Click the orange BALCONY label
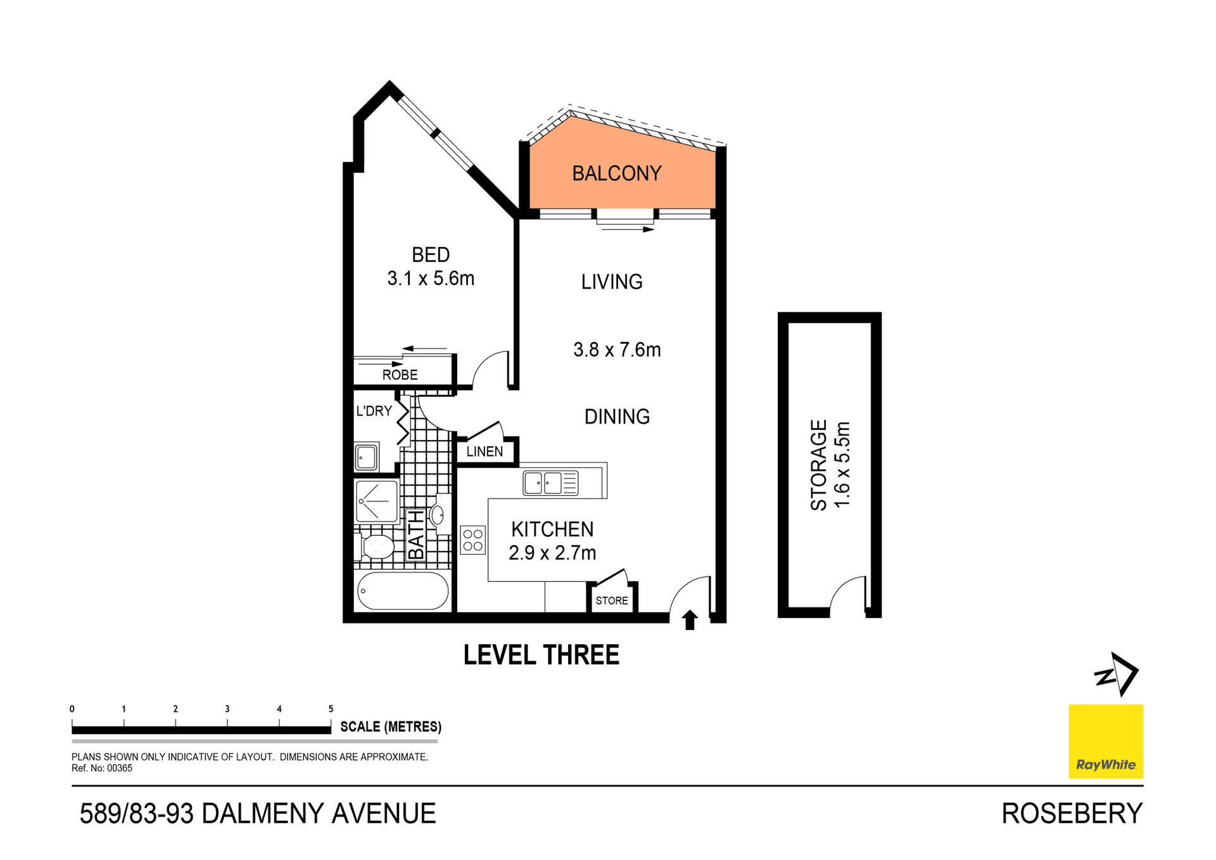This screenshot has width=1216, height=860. [616, 174]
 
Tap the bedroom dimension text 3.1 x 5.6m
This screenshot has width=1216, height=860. [431, 279]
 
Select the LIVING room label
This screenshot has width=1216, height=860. [612, 282]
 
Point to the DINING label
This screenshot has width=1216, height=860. [617, 417]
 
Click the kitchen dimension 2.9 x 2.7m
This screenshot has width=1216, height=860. [552, 553]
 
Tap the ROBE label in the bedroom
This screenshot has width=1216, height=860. [400, 375]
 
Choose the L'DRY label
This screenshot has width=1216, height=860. [374, 411]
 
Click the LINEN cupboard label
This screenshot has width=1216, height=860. [484, 452]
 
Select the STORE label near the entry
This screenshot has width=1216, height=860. [611, 600]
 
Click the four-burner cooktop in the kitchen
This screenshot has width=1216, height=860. [472, 540]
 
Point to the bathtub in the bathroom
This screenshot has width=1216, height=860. [403, 591]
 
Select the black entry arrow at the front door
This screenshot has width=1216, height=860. [690, 619]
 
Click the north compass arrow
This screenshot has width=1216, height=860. [1118, 674]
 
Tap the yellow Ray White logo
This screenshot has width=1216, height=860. [1105, 741]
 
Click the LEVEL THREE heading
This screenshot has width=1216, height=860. [541, 655]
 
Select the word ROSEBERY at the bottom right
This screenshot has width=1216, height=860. [1071, 814]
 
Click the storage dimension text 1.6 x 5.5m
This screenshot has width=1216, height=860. [842, 464]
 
